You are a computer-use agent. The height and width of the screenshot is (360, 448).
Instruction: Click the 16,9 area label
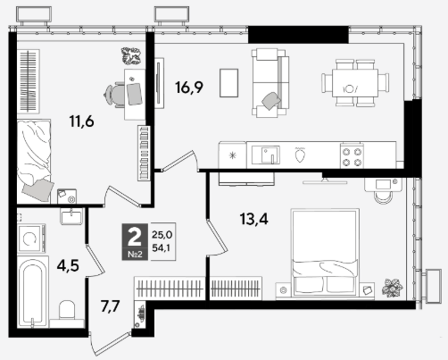tap(189, 88)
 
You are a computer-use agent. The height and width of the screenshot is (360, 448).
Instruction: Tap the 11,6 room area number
tap(81, 121)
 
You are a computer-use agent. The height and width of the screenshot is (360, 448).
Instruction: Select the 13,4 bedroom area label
tap(254, 219)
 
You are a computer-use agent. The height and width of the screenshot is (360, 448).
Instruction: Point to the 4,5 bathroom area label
tap(68, 265)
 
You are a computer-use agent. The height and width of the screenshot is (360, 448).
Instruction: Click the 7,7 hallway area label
tap(110, 306)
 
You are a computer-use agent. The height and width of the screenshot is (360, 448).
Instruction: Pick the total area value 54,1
tap(161, 247)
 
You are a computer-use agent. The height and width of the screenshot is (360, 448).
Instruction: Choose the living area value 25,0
tap(162, 235)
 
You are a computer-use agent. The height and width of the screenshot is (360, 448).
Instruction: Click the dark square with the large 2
tap(135, 241)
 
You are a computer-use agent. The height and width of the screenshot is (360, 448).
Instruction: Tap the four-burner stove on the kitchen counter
tap(353, 155)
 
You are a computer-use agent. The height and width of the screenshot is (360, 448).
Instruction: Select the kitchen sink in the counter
tap(266, 155)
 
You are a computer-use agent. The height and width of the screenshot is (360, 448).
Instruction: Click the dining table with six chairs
tap(355, 83)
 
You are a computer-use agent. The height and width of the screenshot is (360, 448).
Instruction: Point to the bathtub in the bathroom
tap(33, 292)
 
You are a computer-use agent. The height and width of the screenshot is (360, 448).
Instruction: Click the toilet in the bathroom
tap(67, 312)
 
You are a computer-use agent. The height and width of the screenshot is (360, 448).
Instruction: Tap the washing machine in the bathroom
tap(31, 239)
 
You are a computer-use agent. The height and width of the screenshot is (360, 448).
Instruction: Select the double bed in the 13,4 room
tap(325, 253)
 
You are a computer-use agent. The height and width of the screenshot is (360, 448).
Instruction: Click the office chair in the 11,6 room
tap(114, 95)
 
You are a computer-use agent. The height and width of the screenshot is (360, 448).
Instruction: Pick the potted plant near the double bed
tap(393, 288)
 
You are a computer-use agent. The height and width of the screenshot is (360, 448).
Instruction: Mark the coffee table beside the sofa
tap(228, 83)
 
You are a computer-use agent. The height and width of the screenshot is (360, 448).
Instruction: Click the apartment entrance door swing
tap(110, 344)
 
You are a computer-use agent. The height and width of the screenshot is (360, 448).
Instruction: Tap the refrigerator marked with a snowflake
tap(232, 155)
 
